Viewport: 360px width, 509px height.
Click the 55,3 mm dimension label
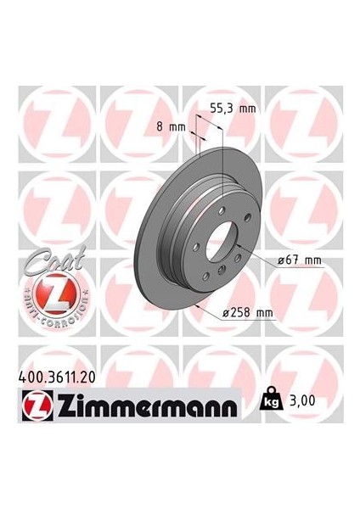pyautogui.click(x=233, y=109)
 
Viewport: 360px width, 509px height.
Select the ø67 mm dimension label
pyautogui.click(x=299, y=260)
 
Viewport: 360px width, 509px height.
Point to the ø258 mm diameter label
pyautogui.click(x=248, y=312)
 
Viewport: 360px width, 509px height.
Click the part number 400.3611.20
pyautogui.click(x=57, y=378)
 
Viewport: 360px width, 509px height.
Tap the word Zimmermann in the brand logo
pyautogui.click(x=147, y=406)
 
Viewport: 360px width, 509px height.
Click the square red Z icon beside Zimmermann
pyautogui.click(x=37, y=406)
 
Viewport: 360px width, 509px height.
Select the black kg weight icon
pyautogui.click(x=271, y=399)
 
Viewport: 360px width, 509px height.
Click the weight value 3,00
pyautogui.click(x=301, y=400)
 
